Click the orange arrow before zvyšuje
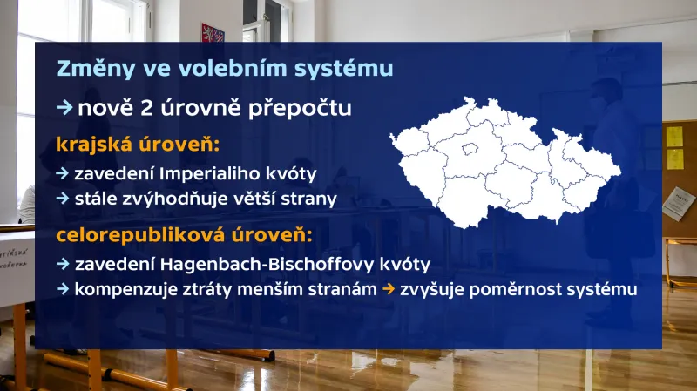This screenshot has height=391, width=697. coord(389,289)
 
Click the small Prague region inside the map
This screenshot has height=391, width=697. coord(471,149)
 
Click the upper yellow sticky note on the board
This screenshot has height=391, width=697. coord(674,137)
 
